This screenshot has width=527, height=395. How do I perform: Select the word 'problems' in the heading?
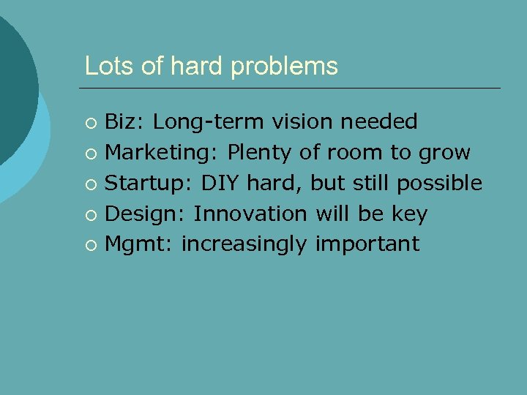[x=285, y=67]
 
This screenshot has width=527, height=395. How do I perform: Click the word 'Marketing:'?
[x=162, y=153]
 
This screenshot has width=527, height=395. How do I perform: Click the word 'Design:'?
[x=146, y=214]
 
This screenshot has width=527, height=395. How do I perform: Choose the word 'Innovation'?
[x=250, y=214]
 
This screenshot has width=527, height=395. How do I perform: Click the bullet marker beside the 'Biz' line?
[x=90, y=122]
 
